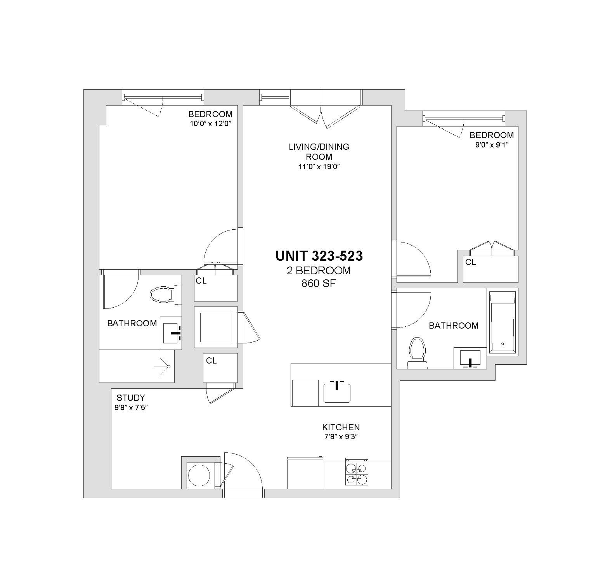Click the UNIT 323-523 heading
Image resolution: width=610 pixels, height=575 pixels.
coord(319,256)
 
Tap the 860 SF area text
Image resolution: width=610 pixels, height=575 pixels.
coord(319,284)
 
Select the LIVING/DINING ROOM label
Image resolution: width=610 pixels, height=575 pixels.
coord(319,152)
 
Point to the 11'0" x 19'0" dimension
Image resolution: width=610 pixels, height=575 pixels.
coord(319,167)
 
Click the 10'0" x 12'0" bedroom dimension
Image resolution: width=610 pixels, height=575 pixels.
coord(210,124)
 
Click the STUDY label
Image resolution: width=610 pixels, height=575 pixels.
coord(131,398)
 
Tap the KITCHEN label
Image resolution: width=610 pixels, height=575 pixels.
coord(341,427)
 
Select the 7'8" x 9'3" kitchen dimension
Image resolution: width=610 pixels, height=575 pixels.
coord(341,437)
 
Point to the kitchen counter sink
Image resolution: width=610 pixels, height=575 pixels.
coord(337,393)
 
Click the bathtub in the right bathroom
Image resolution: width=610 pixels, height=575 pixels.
coord(503,323)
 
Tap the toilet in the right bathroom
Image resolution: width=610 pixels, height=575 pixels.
coord(417,353)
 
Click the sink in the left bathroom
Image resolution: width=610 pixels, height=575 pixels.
coord(171,333)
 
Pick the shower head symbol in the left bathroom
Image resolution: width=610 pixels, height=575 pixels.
coord(163,366)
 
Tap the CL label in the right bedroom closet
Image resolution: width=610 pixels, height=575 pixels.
coord(471,263)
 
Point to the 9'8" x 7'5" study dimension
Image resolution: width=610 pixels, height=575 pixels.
coord(131,408)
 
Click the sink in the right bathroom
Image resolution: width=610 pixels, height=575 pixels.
coord(470,358)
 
